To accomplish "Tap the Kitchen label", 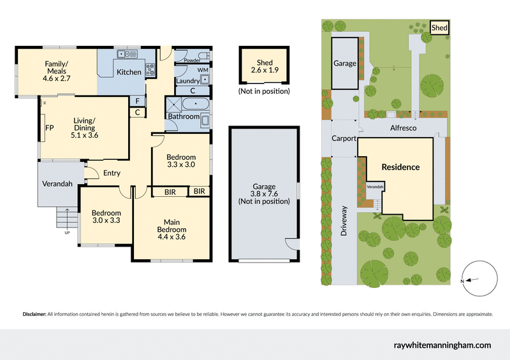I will coord(129,72).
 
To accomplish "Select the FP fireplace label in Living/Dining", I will coord(48,127).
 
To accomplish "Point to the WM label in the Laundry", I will coord(203,69).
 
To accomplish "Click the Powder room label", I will coord(192,61).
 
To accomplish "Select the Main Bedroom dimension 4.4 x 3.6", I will coord(172,237).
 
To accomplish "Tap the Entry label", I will coord(112,173).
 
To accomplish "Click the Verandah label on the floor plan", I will coord(57,184).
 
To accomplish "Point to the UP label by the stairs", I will coord(68,232).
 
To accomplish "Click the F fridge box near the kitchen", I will coord(138,101).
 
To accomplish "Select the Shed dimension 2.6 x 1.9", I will coord(265,71).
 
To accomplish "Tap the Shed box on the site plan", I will coord(439,28).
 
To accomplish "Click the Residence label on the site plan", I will coord(400,167).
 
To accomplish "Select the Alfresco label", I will coord(403,128).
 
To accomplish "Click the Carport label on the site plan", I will coord(344,138).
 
